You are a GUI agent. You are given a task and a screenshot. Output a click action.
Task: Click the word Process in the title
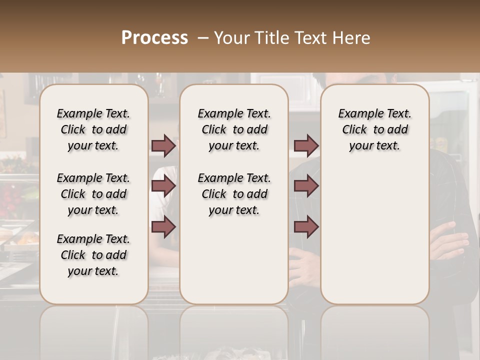coord(154,37)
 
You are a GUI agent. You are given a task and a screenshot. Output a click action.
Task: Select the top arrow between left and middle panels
coord(163,145)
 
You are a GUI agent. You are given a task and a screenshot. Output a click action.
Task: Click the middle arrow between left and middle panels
coord(163,186)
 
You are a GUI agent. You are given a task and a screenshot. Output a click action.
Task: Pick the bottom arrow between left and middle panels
coord(163,226)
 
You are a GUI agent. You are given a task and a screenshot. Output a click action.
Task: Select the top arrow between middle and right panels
coord(306,145)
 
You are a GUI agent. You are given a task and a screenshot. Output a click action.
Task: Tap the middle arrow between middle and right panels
coord(306,186)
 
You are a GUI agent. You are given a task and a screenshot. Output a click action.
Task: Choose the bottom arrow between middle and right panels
coord(306,226)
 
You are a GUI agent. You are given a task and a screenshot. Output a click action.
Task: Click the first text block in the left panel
coord(93,129)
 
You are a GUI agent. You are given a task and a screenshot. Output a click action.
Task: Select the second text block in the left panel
coord(93,194)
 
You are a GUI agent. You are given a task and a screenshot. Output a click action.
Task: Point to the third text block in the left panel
coord(93,255)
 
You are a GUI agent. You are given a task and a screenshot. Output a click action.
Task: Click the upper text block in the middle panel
coord(234,129)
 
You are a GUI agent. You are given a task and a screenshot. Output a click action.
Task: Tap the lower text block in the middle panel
coord(234,194)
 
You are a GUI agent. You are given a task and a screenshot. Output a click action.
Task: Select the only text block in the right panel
coord(375,129)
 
